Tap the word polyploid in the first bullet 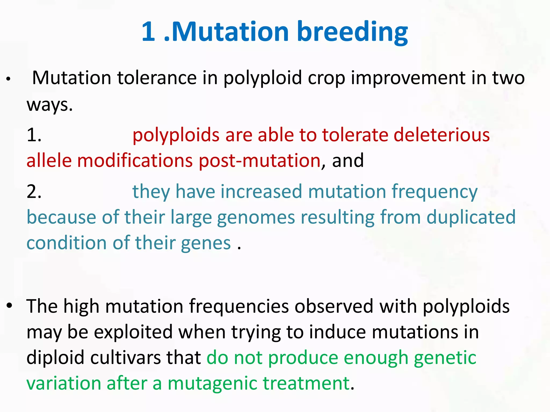[x=262, y=78]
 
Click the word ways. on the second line [x=50, y=105]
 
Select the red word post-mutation [x=259, y=161]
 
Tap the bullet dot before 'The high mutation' [x=10, y=306]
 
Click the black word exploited [x=133, y=332]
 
